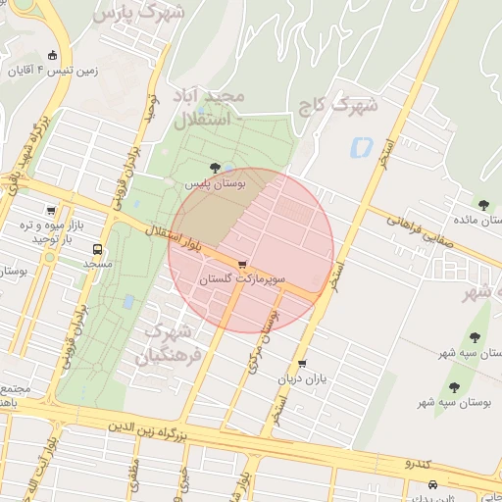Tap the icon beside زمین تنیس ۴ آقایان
pos(52,56)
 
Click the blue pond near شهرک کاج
pos(361,148)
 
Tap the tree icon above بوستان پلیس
pos(215,168)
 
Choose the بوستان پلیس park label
pos(218,183)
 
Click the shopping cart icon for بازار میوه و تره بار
pos(51,210)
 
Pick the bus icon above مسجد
pos(96,249)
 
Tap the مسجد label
pos(97,265)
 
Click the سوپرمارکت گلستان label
pos(242,280)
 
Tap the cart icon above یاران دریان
pos(301,363)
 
